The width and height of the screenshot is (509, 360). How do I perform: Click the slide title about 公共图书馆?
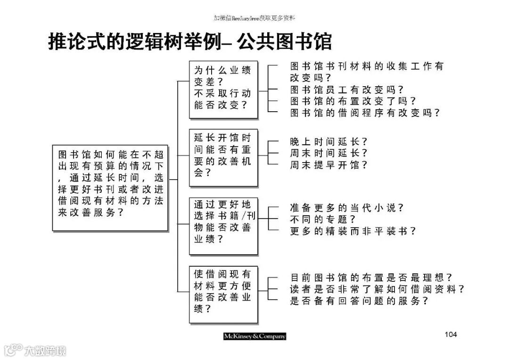[190, 41]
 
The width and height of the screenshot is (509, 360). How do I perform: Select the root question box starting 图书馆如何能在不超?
[110, 188]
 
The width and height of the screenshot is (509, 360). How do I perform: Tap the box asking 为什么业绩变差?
[223, 89]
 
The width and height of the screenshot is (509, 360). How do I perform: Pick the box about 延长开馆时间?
[223, 157]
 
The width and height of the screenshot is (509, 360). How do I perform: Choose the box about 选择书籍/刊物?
[223, 226]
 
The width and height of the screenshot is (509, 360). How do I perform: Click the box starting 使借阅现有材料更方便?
[223, 295]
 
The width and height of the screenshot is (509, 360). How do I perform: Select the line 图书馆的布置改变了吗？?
[353, 101]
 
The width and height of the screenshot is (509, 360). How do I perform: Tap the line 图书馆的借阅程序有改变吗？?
[364, 113]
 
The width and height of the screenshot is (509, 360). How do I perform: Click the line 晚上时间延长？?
[328, 141]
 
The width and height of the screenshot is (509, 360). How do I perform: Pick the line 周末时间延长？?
[328, 153]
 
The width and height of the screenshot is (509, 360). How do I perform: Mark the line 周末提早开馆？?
[328, 165]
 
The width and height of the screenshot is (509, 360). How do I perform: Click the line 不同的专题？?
[322, 220]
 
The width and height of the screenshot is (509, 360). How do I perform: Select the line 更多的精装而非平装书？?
[353, 231]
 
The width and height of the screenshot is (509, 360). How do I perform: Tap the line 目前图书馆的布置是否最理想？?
[370, 278]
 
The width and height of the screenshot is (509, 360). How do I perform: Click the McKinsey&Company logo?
[254, 336]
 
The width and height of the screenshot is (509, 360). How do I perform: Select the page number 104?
[451, 335]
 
